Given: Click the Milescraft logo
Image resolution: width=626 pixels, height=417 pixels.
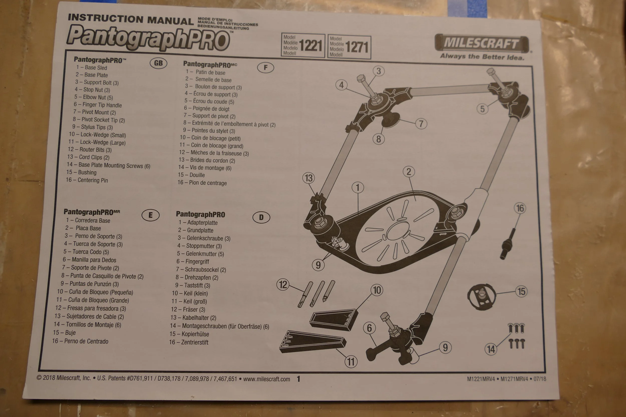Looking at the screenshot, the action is point(482,43).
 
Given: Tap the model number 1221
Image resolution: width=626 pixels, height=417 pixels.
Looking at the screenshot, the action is point(310,46).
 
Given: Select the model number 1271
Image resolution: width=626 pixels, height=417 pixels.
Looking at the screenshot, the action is point(357,47).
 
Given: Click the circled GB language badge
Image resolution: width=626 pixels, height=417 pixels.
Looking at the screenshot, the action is point(158,63).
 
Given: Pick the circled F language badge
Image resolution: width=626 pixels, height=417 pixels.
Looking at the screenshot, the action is point(265,68).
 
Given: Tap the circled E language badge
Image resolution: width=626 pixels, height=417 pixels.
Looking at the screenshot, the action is point(150,215).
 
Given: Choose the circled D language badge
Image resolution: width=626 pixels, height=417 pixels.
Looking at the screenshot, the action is point(261,218).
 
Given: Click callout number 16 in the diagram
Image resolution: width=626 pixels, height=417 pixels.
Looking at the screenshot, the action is point(520,208).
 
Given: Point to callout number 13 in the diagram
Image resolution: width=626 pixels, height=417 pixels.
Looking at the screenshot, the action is point(308,178).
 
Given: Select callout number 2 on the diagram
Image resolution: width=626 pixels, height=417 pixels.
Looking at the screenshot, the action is point(409,172).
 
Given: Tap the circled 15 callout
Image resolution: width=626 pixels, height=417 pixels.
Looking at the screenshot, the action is point(521,291).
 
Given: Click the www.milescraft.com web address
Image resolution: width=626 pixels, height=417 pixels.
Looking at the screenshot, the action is point(266,379).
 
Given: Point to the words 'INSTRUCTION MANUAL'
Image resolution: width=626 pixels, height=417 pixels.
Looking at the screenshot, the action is point(130,20).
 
